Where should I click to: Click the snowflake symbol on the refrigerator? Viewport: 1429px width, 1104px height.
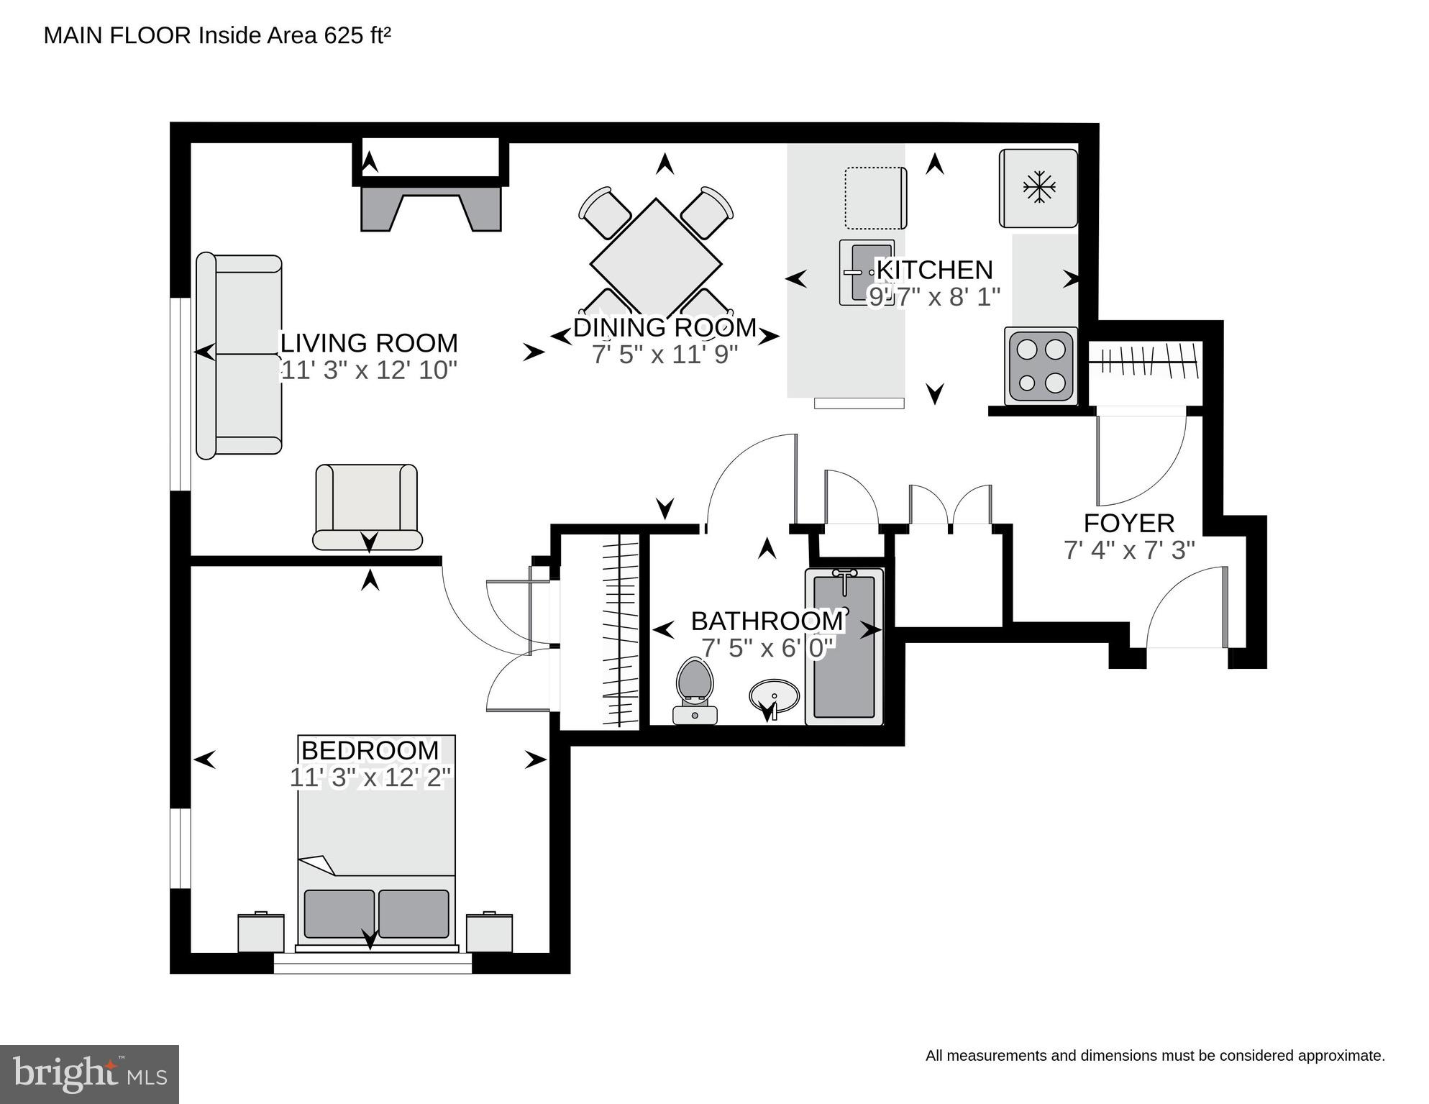pyautogui.click(x=1039, y=187)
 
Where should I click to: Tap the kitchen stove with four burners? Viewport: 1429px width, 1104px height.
pyautogui.click(x=1041, y=366)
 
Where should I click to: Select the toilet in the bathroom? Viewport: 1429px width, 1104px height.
pyautogui.click(x=695, y=690)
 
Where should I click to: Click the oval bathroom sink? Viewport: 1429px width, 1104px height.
pyautogui.click(x=774, y=697)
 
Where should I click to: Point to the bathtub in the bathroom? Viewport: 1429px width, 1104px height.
pyautogui.click(x=844, y=646)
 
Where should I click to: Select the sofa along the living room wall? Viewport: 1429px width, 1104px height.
pyautogui.click(x=239, y=355)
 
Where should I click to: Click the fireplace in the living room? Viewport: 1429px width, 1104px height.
pyautogui.click(x=431, y=207)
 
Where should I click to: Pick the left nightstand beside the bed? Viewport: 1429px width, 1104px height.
pyautogui.click(x=261, y=932)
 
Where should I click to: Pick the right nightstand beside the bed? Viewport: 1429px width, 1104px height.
pyautogui.click(x=489, y=932)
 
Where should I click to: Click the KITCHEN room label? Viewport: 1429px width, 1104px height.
pyautogui.click(x=935, y=270)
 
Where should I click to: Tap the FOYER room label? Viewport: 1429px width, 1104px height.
pyautogui.click(x=1129, y=523)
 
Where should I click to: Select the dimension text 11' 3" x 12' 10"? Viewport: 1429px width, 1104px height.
pyautogui.click(x=368, y=370)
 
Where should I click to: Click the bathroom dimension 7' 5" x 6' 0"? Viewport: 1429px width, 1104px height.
pyautogui.click(x=767, y=648)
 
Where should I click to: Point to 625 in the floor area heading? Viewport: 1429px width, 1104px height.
pyautogui.click(x=344, y=35)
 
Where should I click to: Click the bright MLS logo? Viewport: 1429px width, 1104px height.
pyautogui.click(x=89, y=1074)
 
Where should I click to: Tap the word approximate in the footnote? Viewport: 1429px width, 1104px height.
pyautogui.click(x=1341, y=1056)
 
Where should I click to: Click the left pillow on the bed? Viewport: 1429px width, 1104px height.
pyautogui.click(x=339, y=913)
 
